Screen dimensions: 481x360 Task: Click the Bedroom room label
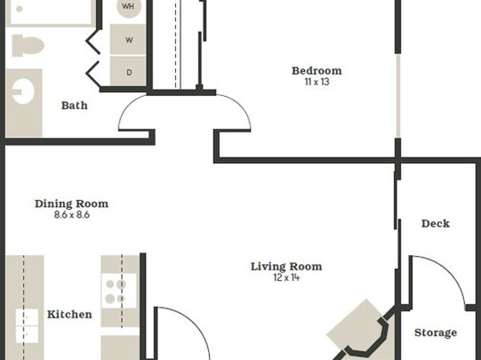[x=316, y=71]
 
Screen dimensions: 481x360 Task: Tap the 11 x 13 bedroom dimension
[x=317, y=82]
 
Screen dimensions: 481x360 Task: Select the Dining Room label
[x=72, y=203]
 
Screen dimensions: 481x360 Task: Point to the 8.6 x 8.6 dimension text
[x=72, y=215]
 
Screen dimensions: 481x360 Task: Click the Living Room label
[x=287, y=266]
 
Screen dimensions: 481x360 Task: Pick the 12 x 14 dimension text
[x=287, y=278]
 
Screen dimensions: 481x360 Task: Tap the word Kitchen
[x=69, y=314]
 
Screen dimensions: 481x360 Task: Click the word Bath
[x=74, y=106]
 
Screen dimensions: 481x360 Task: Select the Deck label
[x=436, y=224]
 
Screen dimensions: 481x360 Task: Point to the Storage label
[x=436, y=333]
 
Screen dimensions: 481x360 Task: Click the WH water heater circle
[x=129, y=6]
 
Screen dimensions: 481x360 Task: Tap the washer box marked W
[x=128, y=40]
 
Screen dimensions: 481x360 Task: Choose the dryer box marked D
[x=128, y=71]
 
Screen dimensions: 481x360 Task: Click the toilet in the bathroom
[x=27, y=46]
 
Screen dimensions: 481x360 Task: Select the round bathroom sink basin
[x=23, y=91]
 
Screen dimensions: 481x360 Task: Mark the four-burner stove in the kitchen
[x=119, y=291]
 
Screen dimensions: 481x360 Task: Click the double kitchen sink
[x=27, y=325]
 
